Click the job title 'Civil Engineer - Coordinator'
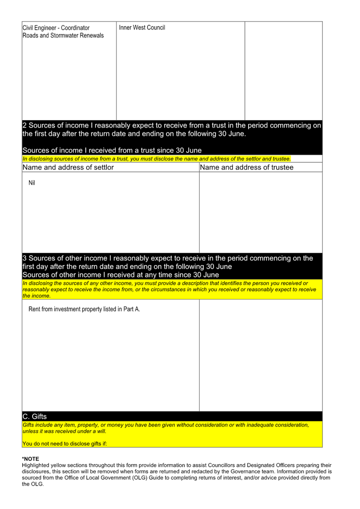coord(56,28)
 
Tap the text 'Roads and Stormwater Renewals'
coord(63,35)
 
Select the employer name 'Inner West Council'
coord(142,28)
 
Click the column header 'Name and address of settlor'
coord(68,167)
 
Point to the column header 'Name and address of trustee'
coord(247,167)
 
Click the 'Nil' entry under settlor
coord(32,183)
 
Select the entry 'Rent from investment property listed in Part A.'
coord(84,309)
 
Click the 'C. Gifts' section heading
coord(35,416)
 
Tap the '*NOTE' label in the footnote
coord(31,459)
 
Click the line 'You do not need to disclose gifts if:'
coord(65,443)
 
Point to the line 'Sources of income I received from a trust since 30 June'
coord(112,150)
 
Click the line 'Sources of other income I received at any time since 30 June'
coord(121,275)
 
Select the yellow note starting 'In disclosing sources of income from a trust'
coord(156,159)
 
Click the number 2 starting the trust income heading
coord(25,125)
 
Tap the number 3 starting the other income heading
coord(25,258)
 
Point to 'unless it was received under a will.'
coord(64,431)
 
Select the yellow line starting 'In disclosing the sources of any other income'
coord(165,283)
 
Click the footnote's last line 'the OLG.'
coord(33,484)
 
